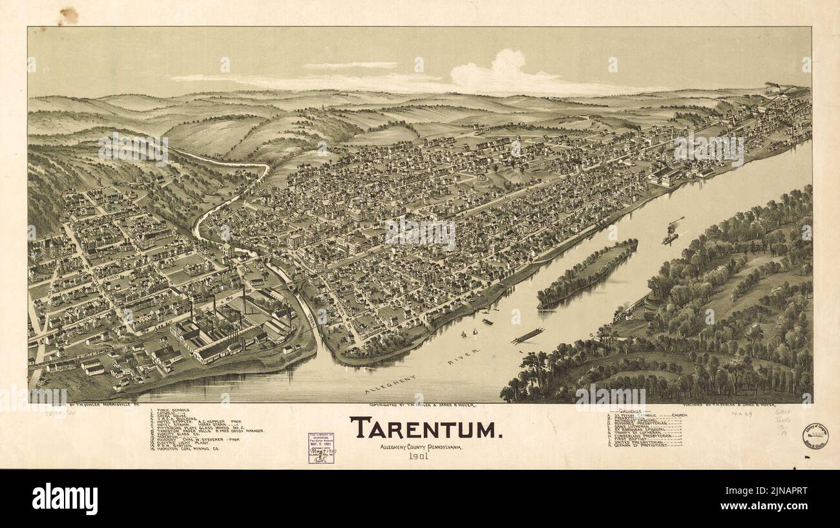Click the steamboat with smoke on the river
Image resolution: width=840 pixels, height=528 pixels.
click(670, 236)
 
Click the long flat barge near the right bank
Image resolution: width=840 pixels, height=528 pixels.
click(527, 336)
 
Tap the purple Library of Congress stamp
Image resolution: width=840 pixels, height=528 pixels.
click(321, 448)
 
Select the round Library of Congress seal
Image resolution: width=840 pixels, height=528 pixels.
click(815, 436)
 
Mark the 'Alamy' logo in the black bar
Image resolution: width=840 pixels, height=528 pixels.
click(65, 499)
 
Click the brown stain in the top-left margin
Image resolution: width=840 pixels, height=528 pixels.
click(67, 15)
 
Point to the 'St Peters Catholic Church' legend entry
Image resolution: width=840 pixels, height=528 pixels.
click(646, 416)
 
